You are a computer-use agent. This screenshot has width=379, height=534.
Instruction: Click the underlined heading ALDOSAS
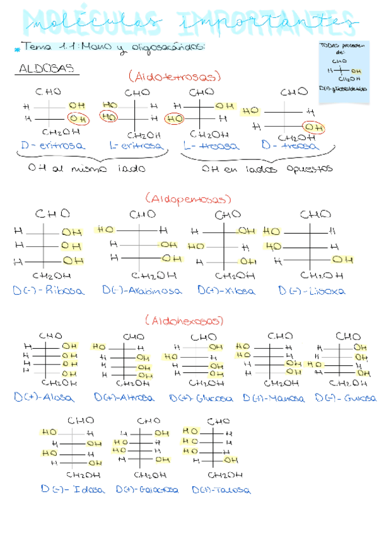(47, 69)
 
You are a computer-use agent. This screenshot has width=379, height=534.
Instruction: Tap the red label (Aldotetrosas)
(175, 77)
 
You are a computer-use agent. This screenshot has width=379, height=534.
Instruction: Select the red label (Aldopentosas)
(185, 199)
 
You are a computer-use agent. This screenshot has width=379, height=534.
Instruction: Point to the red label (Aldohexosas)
(184, 321)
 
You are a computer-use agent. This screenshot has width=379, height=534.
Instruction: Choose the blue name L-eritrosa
(136, 145)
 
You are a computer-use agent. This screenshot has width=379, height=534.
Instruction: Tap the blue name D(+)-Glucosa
(201, 399)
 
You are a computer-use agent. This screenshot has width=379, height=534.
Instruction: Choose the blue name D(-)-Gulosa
(346, 399)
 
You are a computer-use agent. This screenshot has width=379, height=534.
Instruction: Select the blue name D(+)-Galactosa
(147, 489)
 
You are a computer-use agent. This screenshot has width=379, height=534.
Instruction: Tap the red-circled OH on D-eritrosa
(78, 118)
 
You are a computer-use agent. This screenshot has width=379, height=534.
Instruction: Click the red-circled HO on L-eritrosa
(109, 118)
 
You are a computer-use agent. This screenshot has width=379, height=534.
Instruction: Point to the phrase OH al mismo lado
(86, 169)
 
